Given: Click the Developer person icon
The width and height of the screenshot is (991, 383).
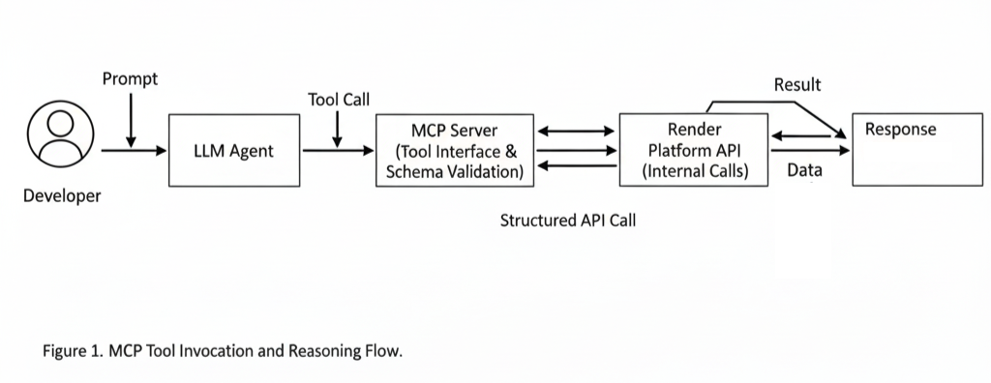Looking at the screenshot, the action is click(x=60, y=133).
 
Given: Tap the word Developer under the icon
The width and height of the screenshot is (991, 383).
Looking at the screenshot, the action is click(x=62, y=196).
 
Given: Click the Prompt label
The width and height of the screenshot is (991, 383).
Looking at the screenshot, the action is click(x=131, y=79).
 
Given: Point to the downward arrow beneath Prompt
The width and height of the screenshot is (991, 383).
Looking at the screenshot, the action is click(x=131, y=120).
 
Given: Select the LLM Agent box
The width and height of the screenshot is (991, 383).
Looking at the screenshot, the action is click(x=234, y=151).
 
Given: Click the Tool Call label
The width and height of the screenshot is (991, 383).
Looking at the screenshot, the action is click(x=339, y=100).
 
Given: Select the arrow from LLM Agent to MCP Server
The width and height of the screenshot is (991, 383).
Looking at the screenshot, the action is click(x=338, y=151).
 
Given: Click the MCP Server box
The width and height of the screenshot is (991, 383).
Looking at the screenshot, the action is click(x=455, y=151).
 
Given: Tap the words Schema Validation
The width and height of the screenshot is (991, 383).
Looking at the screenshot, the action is click(x=455, y=171).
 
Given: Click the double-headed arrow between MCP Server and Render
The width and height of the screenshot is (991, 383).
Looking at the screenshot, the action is click(x=576, y=132).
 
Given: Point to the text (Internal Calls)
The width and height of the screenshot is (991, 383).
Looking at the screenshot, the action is click(x=695, y=171).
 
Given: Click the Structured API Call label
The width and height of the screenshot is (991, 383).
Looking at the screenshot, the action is click(x=567, y=221).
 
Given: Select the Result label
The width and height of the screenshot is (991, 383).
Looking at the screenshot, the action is click(x=797, y=85).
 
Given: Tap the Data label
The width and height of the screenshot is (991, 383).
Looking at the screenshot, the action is click(x=804, y=169).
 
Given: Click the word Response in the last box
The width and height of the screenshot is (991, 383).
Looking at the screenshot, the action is click(x=901, y=130).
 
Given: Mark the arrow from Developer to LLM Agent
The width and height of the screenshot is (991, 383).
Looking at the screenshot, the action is click(x=134, y=151).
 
